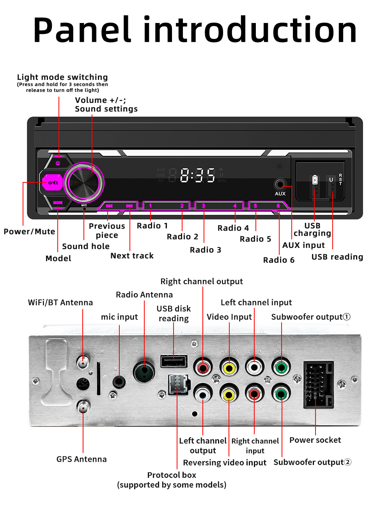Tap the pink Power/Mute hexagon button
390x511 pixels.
point(53,182)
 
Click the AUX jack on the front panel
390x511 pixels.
point(280,184)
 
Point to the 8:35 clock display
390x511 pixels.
point(197,175)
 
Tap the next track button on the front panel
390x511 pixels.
point(129,206)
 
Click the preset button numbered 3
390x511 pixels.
point(203,206)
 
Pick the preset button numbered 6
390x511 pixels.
point(278,206)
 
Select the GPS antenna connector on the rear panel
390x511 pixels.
point(83,408)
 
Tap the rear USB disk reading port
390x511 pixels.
point(174,361)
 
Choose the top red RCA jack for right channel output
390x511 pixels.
point(203,368)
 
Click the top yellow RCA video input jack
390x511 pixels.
point(229,368)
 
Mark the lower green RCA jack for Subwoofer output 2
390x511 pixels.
point(281,394)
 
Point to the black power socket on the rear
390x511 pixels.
point(319,384)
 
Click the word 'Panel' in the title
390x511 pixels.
point(82,30)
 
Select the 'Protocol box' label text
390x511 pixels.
point(171,475)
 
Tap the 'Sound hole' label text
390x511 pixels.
point(86,246)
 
